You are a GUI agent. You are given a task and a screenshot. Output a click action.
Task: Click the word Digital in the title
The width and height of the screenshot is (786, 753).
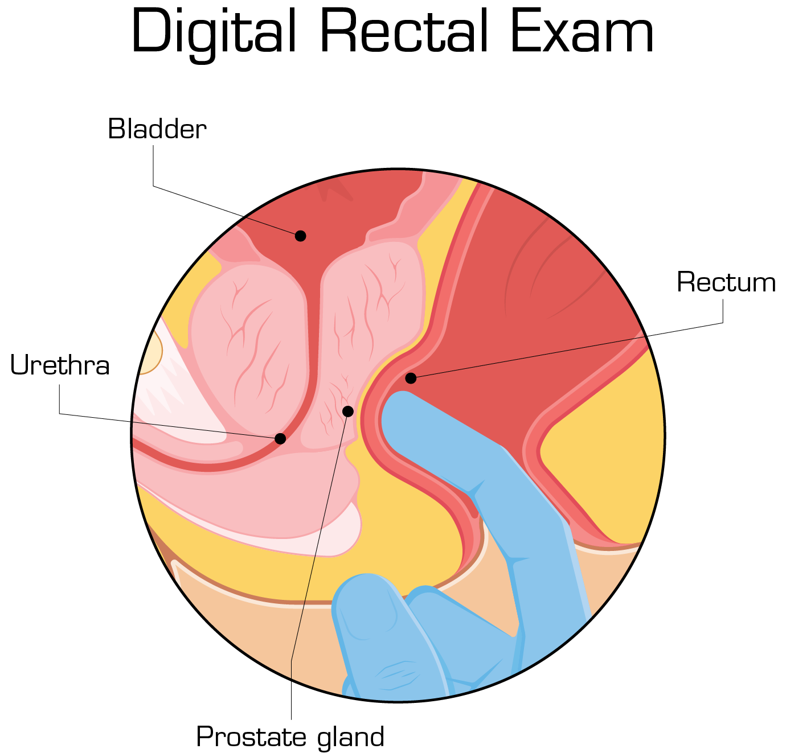(214, 33)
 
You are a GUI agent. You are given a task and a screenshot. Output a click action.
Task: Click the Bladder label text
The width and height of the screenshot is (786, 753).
(157, 129)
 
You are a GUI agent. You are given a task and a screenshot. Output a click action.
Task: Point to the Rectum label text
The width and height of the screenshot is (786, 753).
(726, 282)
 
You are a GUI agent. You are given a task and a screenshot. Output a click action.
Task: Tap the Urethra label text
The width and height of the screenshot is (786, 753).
(60, 365)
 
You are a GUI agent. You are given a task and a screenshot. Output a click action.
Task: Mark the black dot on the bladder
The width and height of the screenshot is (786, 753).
(300, 236)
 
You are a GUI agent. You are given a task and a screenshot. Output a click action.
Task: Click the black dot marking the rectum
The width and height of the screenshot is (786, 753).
(411, 378)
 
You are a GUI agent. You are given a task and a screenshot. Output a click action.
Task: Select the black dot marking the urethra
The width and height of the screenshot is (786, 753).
(280, 438)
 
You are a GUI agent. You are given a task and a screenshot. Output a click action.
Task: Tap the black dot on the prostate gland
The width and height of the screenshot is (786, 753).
(348, 411)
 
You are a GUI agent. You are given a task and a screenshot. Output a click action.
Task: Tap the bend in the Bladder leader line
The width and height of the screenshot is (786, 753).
(153, 186)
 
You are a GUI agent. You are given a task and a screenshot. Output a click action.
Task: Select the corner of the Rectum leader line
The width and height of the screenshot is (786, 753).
(723, 323)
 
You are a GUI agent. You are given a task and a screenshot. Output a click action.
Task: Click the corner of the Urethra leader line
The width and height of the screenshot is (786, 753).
(60, 413)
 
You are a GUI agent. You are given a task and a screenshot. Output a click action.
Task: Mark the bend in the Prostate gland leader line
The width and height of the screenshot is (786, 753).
(291, 661)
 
